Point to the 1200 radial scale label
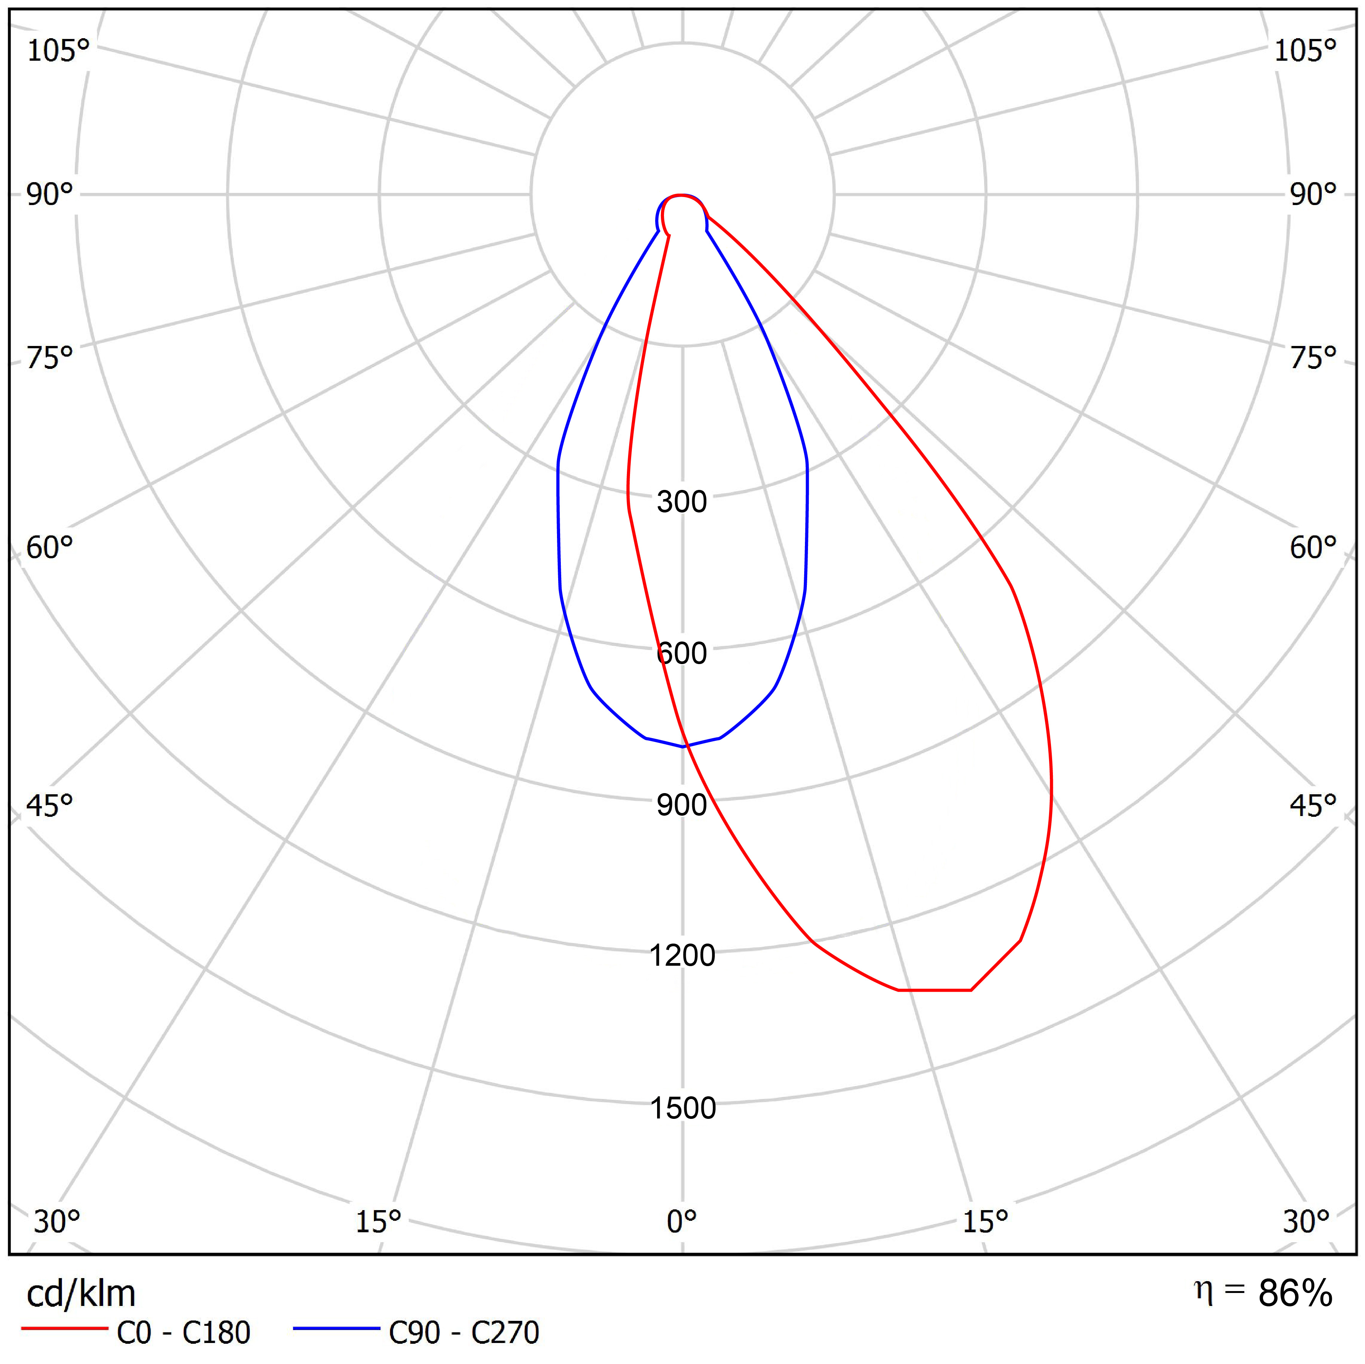pyautogui.click(x=682, y=956)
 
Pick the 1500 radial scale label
pyautogui.click(x=682, y=1108)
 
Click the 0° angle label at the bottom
pyautogui.click(x=682, y=1221)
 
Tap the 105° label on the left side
pyautogui.click(x=58, y=51)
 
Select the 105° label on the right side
pyautogui.click(x=1305, y=51)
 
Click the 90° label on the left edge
pyautogui.click(x=49, y=194)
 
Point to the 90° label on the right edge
pyautogui.click(x=1313, y=194)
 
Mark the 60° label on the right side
pyautogui.click(x=1313, y=548)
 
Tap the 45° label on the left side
pyautogui.click(x=49, y=805)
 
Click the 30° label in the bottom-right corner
pyautogui.click(x=1306, y=1221)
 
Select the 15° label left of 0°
pyautogui.click(x=378, y=1221)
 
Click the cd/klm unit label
pyautogui.click(x=81, y=1294)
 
